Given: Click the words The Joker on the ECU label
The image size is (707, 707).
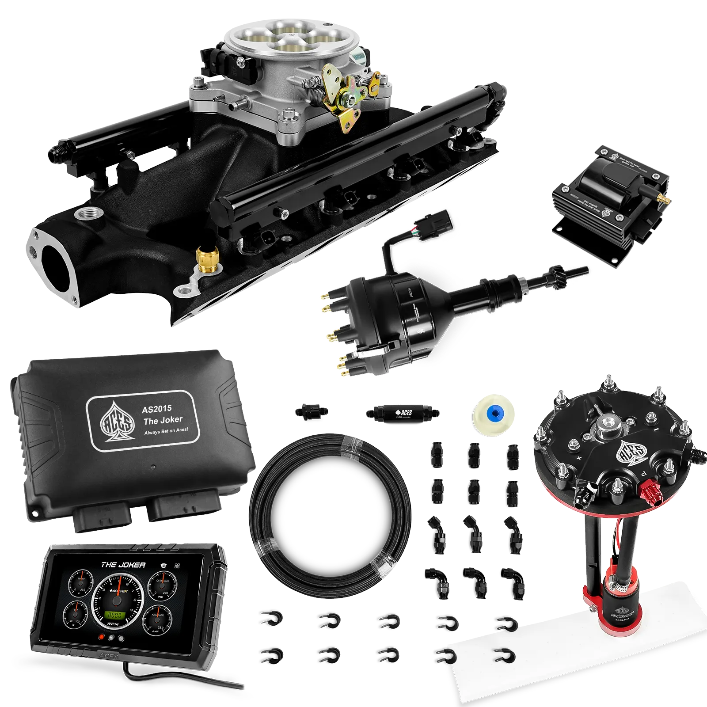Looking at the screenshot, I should pos(163,420).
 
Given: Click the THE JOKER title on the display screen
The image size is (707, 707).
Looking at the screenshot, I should pos(123,565).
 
